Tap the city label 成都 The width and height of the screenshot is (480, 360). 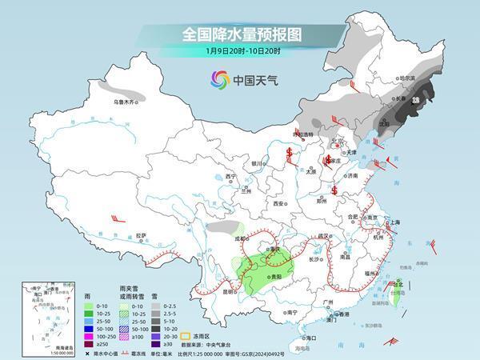tap(239, 238)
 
